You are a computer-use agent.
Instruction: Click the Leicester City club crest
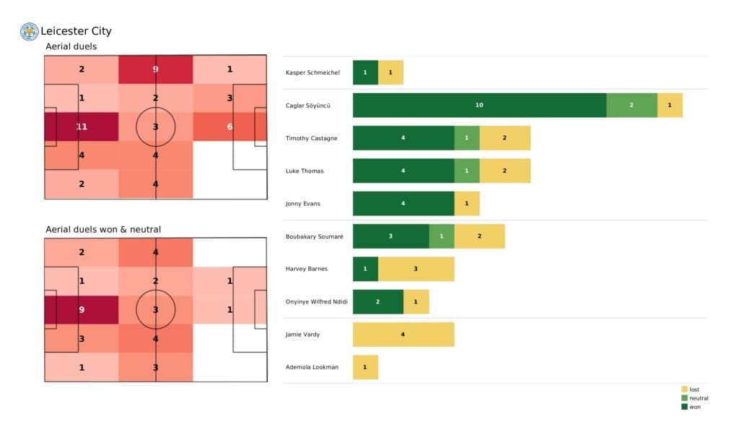coord(29,31)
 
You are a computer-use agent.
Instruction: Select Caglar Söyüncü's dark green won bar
coord(479,105)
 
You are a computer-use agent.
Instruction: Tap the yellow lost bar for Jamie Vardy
coord(403,335)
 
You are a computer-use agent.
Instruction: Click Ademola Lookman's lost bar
coord(365,367)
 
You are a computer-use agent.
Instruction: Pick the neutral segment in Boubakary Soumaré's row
coord(442,236)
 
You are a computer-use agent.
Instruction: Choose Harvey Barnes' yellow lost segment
coord(416,269)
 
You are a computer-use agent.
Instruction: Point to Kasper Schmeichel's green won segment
coord(365,72)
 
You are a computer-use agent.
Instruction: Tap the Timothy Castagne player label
coord(310,138)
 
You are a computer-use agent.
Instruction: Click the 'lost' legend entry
coord(694,389)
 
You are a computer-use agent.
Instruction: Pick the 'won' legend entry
coord(694,407)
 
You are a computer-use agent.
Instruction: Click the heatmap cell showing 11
coord(82,126)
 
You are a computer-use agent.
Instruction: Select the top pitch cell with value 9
coord(156,69)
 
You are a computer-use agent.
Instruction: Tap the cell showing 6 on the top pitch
coord(230,126)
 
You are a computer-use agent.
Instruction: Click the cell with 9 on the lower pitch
coord(82,310)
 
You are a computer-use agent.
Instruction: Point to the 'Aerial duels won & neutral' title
coord(103,230)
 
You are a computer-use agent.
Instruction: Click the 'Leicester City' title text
coord(76,31)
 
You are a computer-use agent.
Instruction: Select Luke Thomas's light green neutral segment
coord(467,171)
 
